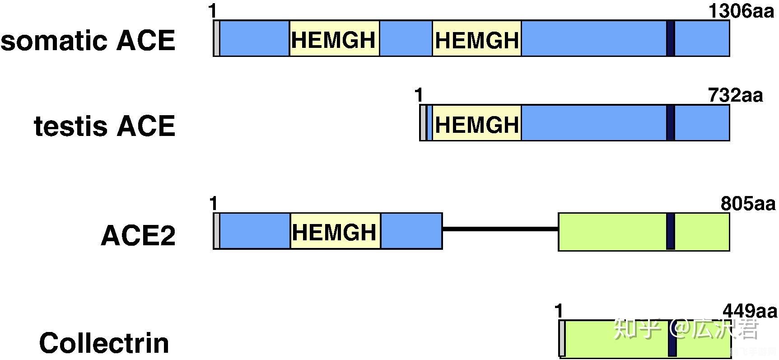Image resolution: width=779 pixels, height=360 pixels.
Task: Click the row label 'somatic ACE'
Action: tap(88, 41)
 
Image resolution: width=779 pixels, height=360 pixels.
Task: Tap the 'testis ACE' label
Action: tap(104, 126)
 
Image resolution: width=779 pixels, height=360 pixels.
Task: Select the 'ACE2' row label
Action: tap(138, 235)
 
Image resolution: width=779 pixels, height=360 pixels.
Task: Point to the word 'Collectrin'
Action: tap(104, 343)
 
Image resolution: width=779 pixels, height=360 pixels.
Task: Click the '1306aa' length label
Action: tap(741, 11)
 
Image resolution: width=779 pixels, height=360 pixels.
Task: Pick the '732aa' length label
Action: tap(735, 95)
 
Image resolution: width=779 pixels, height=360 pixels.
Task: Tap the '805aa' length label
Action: tap(748, 204)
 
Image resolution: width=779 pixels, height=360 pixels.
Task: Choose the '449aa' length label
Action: tap(750, 311)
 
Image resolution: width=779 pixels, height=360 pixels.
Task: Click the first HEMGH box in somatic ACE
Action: tap(334, 38)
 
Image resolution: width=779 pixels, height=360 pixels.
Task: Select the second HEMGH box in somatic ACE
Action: tap(477, 38)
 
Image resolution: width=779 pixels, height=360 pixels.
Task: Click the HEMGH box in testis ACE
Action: tap(477, 123)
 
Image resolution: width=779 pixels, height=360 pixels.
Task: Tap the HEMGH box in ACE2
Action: tap(335, 231)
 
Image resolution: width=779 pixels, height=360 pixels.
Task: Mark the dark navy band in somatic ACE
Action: tap(671, 38)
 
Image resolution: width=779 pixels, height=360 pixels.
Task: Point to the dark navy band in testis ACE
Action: tap(671, 123)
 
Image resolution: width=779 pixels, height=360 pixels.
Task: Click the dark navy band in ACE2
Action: tap(671, 231)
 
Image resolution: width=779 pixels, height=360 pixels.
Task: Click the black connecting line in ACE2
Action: tap(500, 229)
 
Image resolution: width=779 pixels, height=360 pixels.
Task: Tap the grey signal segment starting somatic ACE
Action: tap(217, 38)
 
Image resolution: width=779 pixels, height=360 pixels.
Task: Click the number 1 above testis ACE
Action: tap(419, 95)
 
